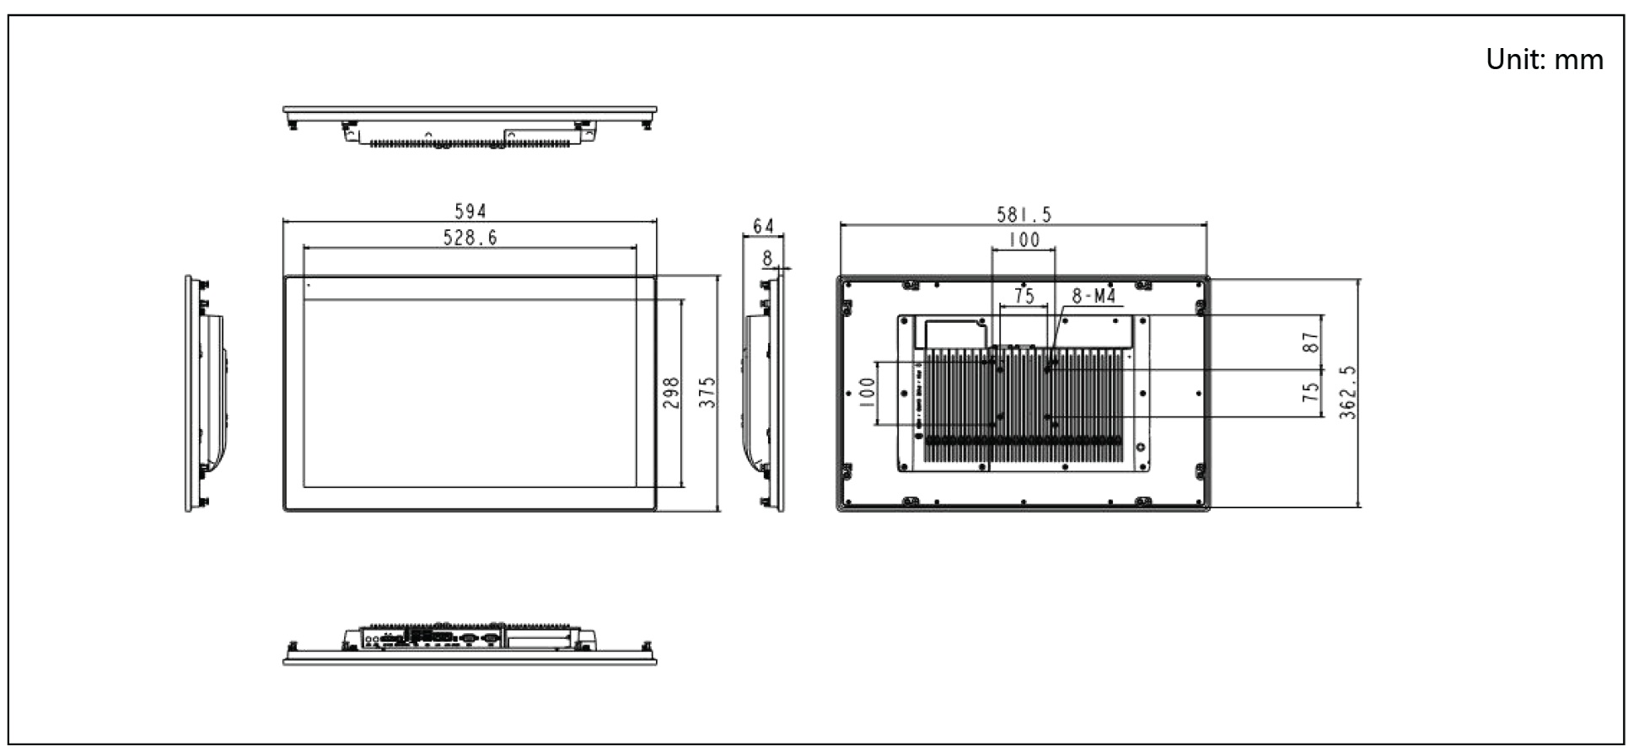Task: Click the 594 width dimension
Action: point(470,211)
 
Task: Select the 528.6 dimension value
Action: point(470,238)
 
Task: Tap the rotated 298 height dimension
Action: point(671,393)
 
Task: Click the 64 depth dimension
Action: point(763,226)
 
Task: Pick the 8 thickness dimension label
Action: point(767,258)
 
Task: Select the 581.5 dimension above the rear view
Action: point(1024,214)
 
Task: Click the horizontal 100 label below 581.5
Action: point(1024,240)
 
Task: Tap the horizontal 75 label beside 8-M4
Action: point(1024,296)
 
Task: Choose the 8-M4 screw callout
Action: point(1093,296)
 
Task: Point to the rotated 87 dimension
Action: point(1310,341)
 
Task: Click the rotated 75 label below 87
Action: point(1310,393)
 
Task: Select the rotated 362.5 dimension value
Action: point(1347,393)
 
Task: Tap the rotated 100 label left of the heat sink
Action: point(866,393)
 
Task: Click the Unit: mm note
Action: point(1544,59)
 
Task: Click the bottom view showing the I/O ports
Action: point(470,645)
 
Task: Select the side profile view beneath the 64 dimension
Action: point(765,393)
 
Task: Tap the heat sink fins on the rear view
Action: point(1024,405)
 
